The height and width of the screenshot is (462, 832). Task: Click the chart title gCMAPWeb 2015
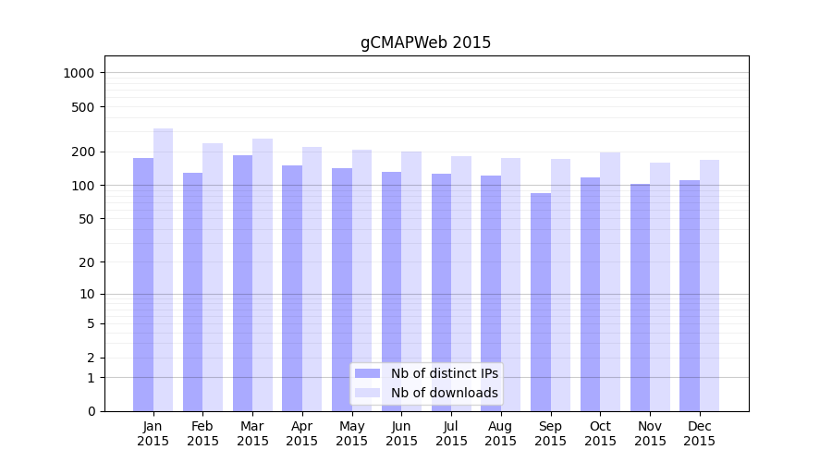click(425, 43)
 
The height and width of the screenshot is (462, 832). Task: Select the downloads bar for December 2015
click(709, 286)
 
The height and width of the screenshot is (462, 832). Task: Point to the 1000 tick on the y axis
click(81, 73)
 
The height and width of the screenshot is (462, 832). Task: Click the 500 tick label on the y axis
click(84, 107)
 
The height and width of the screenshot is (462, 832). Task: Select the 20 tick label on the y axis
click(88, 262)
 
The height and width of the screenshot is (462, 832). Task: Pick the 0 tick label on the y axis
click(91, 411)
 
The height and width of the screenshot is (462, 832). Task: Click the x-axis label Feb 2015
click(202, 433)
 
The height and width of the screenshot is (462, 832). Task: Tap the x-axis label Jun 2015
click(401, 433)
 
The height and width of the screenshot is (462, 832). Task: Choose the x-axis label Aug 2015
click(501, 433)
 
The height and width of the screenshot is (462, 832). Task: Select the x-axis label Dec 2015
click(700, 433)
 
